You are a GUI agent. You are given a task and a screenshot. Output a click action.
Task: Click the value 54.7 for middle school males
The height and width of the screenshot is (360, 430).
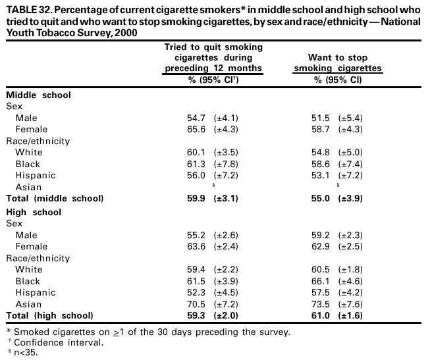[198, 118]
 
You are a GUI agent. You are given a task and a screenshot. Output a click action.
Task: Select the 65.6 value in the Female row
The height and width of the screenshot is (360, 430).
[198, 129]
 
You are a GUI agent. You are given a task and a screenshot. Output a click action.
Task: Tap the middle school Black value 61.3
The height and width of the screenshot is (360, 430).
[198, 164]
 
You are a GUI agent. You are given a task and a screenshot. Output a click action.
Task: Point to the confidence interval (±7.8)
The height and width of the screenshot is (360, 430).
[226, 164]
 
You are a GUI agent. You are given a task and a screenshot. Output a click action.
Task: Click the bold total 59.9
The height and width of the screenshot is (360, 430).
[198, 198]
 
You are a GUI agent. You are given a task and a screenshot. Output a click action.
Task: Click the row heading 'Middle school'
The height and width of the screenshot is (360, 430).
[38, 94]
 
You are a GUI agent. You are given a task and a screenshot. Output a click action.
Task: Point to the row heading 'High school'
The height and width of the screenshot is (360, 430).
[34, 212]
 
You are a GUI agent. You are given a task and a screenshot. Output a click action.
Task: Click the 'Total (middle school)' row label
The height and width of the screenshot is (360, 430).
[55, 198]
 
